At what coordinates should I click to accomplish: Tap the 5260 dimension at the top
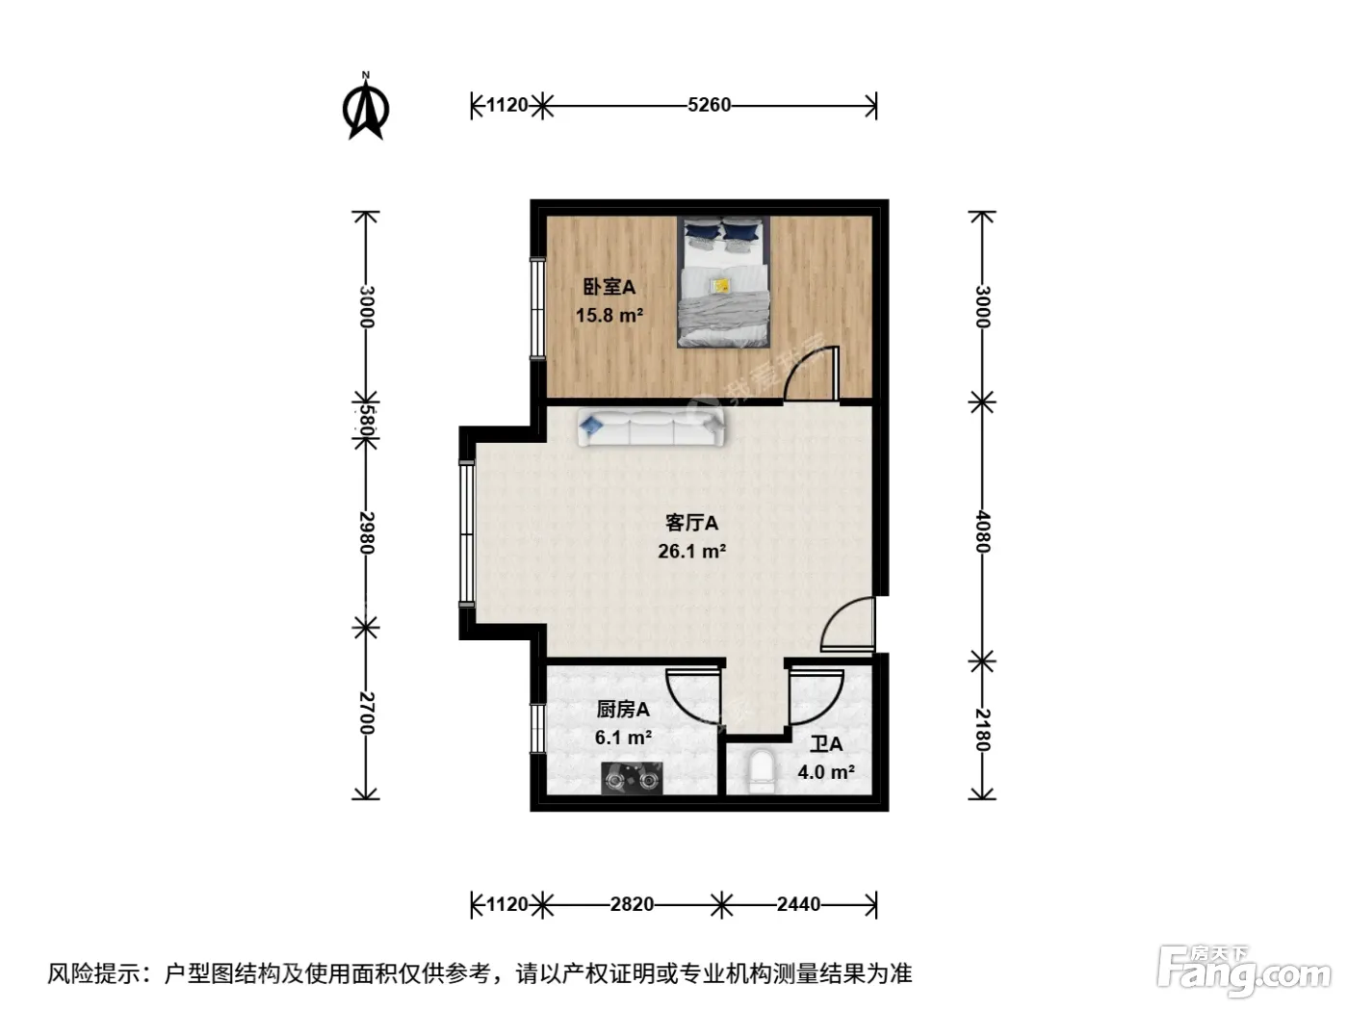coord(709,105)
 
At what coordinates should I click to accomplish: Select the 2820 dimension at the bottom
coord(632,904)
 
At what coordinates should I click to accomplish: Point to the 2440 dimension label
coord(798,904)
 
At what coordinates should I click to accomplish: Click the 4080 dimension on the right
coord(983,531)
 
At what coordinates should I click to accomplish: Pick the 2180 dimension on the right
coord(983,730)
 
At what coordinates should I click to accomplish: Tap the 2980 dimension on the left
coord(366,532)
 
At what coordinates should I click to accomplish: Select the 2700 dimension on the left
coord(366,713)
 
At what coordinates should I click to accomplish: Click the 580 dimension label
coord(366,421)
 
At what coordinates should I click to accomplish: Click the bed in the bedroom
coord(723,282)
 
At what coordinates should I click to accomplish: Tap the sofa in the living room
coord(650,428)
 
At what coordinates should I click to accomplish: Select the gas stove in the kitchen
coord(632,778)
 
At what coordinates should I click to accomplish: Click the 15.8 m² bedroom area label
coord(609,316)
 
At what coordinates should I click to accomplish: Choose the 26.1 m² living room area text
coord(691,551)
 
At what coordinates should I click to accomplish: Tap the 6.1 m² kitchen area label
coord(623,738)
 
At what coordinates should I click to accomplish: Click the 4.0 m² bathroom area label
coord(826,771)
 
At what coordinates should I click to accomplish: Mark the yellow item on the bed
coord(720,286)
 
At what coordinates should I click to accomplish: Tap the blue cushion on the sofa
coord(591,425)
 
